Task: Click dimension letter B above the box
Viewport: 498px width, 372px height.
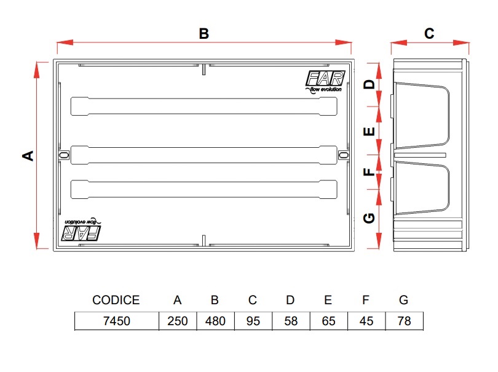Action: tap(204, 34)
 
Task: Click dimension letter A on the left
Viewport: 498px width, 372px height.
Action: tap(28, 155)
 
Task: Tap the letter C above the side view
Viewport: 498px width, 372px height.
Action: tap(429, 33)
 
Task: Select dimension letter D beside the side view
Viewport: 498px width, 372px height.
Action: tap(369, 84)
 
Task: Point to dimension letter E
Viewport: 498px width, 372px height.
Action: tap(369, 131)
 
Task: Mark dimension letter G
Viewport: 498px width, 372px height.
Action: tap(369, 218)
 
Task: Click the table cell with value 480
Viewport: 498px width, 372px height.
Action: tap(215, 321)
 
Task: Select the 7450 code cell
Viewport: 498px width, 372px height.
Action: tap(116, 321)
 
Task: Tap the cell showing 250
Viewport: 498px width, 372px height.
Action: tap(177, 321)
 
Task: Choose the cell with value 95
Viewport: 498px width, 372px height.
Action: tap(253, 321)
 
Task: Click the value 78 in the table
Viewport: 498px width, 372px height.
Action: tap(403, 321)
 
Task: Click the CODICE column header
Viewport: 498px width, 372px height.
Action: tap(116, 301)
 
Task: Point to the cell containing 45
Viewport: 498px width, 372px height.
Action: tap(366, 321)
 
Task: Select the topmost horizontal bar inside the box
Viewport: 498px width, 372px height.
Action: tap(204, 106)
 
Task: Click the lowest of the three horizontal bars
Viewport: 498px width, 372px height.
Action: tap(204, 189)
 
